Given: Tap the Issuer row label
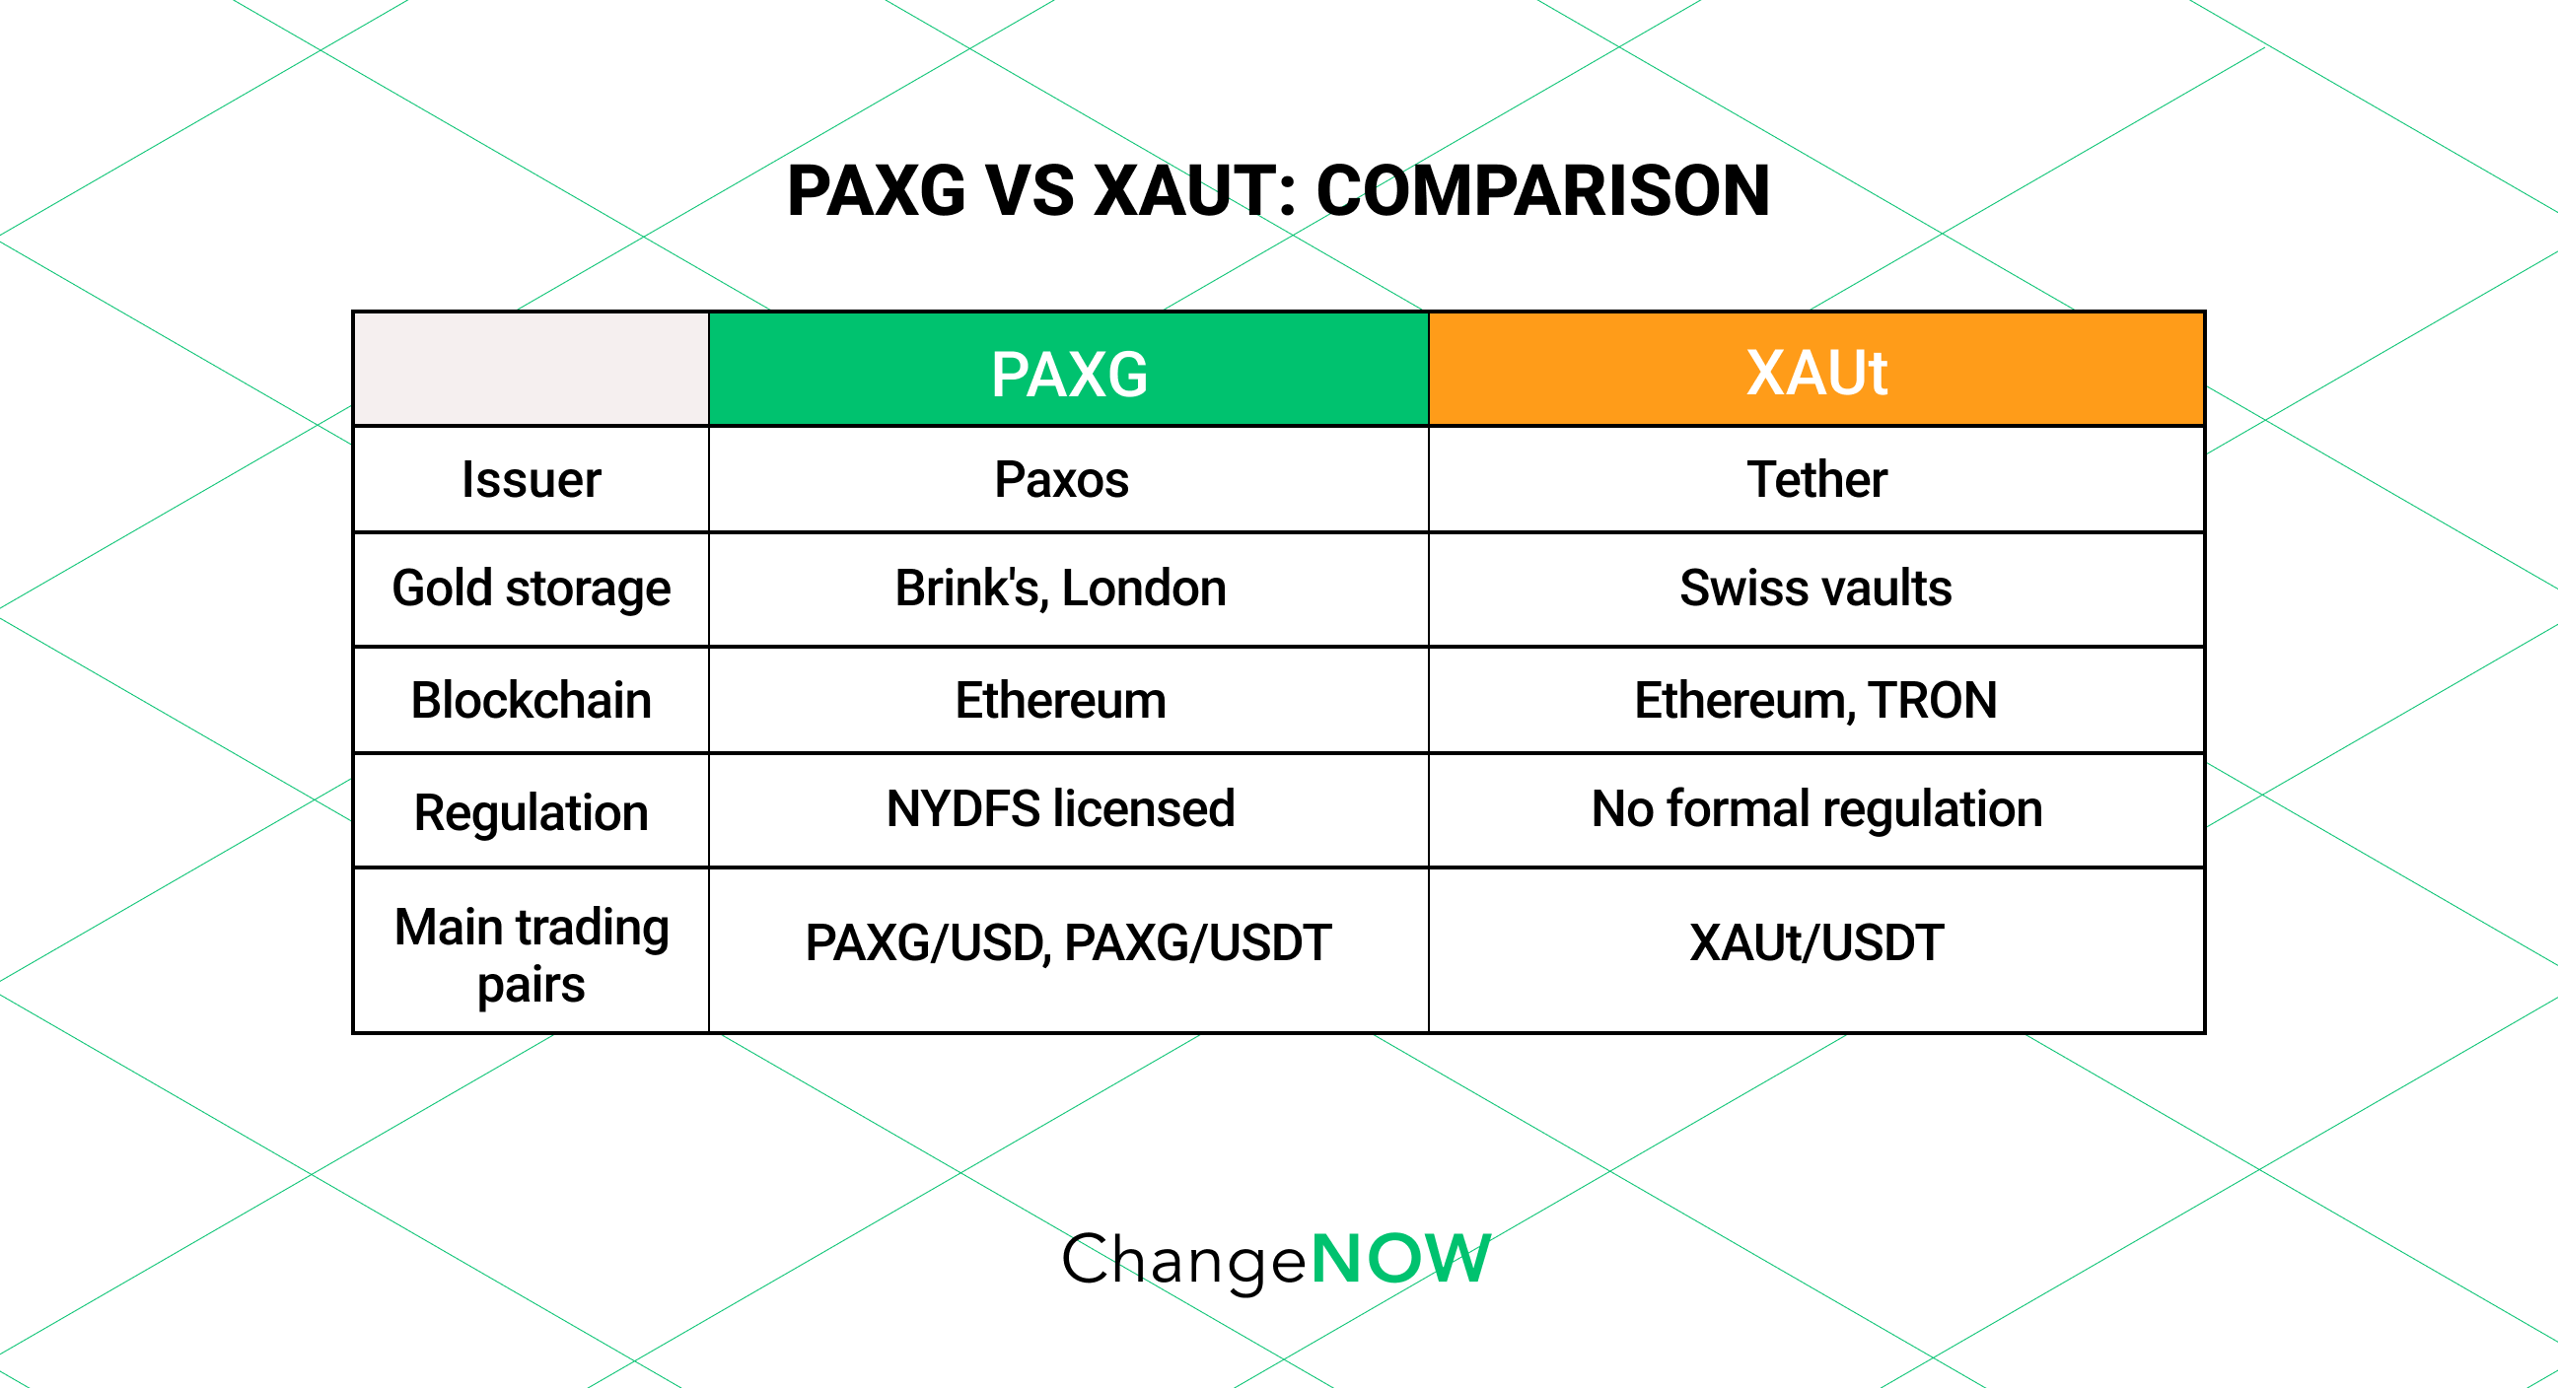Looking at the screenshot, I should tap(532, 479).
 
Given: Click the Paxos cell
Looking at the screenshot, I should tap(1061, 479).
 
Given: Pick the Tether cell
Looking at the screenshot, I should tap(1815, 479).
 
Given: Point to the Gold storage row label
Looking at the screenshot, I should tap(532, 588).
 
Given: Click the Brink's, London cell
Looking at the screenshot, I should tap(1060, 588).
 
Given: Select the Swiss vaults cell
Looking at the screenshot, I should tap(1815, 588).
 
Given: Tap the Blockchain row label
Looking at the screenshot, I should tap(532, 700).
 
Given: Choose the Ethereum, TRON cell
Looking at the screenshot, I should tap(1815, 700).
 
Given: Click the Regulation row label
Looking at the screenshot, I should tap(532, 812).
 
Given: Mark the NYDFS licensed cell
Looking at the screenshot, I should tap(1060, 808).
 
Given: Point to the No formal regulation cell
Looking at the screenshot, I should tap(1816, 808).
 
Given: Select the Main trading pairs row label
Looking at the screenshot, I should tap(532, 954).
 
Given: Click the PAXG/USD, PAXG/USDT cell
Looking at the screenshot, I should tap(1068, 942).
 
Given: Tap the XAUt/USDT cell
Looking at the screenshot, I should tap(1816, 942).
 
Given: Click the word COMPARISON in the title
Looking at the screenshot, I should tap(1542, 190).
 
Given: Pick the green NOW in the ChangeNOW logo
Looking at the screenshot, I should tap(1400, 1259).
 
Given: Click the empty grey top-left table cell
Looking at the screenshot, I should tap(532, 370).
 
